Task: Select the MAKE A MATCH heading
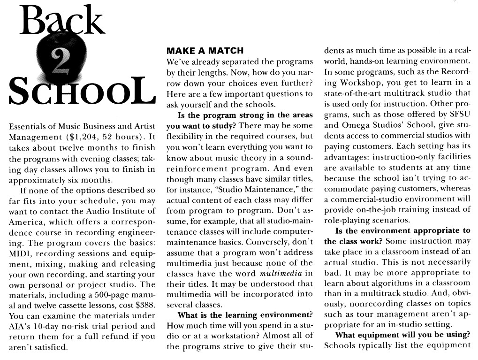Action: [x=205, y=51]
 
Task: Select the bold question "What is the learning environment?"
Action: [x=245, y=315]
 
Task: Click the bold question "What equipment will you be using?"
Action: [x=403, y=335]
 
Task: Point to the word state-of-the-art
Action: [x=353, y=93]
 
